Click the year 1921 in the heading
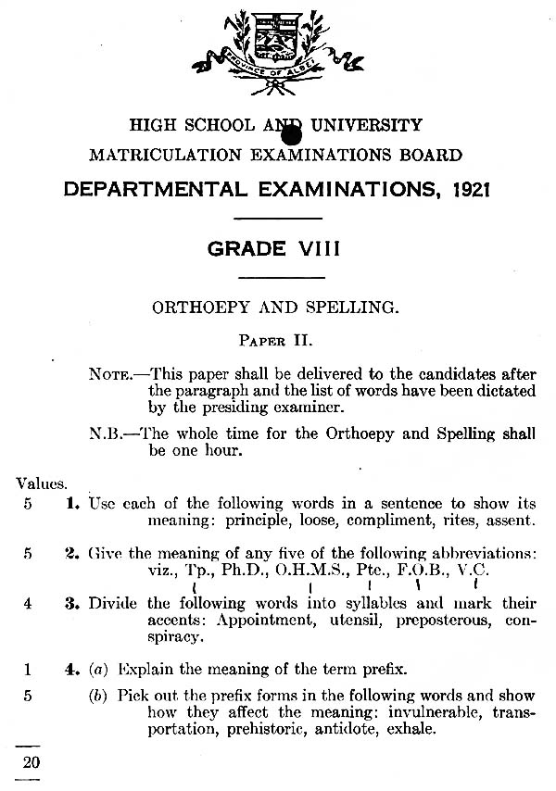click(x=469, y=190)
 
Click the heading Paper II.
click(x=278, y=340)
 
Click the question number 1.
click(x=71, y=504)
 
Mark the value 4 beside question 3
click(x=28, y=603)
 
